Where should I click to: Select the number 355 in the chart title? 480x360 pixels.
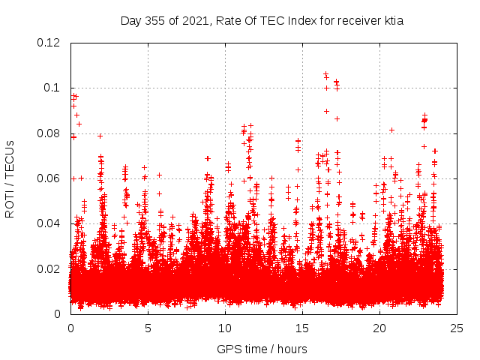pos(156,21)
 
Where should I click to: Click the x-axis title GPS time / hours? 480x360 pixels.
pos(262,349)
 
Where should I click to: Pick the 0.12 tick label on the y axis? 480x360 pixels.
pos(49,43)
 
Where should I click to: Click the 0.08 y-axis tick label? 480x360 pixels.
pos(49,133)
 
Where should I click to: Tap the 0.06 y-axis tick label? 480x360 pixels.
pos(49,178)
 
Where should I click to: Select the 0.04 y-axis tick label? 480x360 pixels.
pos(49,223)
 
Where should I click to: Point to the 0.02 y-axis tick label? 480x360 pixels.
pos(49,268)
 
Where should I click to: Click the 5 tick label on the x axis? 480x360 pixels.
pos(148,328)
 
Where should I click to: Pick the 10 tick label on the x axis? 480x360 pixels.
pos(225,328)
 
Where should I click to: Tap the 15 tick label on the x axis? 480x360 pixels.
pos(302,328)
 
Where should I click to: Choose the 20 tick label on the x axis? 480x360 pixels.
pos(379,328)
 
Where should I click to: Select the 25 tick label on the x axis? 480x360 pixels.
pos(457,328)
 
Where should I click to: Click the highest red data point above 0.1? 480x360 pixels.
pos(325,73)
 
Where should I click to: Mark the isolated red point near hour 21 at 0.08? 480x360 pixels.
pos(391,130)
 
